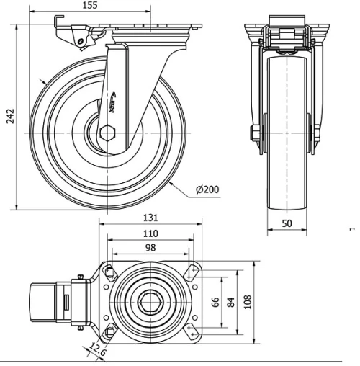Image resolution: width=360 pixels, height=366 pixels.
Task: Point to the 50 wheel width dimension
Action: pos(287,224)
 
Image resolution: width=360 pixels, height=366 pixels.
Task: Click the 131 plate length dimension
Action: pos(150,218)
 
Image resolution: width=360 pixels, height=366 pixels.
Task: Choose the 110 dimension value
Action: pos(150,233)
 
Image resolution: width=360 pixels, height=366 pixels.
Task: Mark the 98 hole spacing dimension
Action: pos(150,248)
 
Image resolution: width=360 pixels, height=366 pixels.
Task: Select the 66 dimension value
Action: pos(215,301)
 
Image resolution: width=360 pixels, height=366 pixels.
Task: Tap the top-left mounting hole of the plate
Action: pos(109,272)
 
